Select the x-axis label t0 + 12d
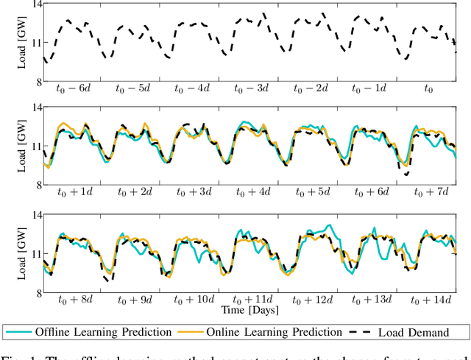(311, 300)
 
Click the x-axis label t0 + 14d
(431, 300)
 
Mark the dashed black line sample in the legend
(361, 332)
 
